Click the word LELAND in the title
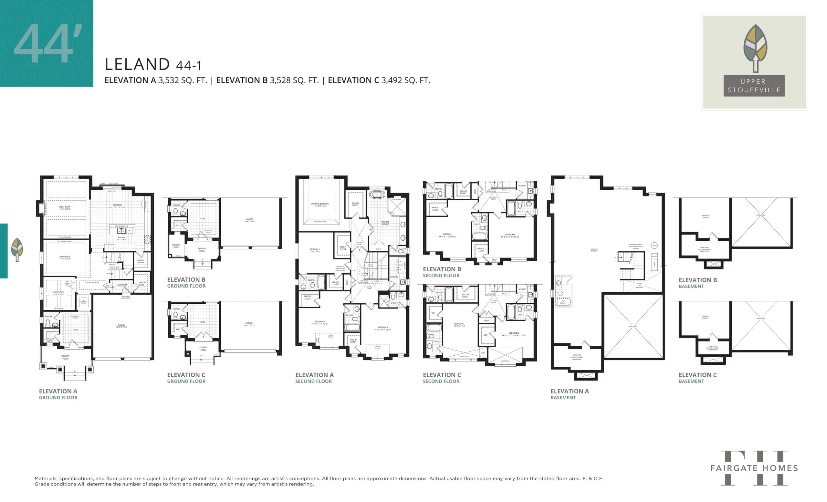(x=137, y=64)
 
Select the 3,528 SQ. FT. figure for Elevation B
(x=294, y=80)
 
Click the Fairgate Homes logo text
(x=754, y=468)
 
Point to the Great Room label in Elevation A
(x=64, y=208)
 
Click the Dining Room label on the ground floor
(x=64, y=258)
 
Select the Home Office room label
(x=58, y=293)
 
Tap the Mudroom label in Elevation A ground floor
(x=122, y=285)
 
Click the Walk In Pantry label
(x=141, y=261)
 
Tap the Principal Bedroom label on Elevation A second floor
(x=319, y=205)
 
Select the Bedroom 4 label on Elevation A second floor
(x=382, y=328)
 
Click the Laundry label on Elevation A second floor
(x=394, y=277)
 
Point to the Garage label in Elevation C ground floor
(x=249, y=324)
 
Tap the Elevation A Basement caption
(x=569, y=394)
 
